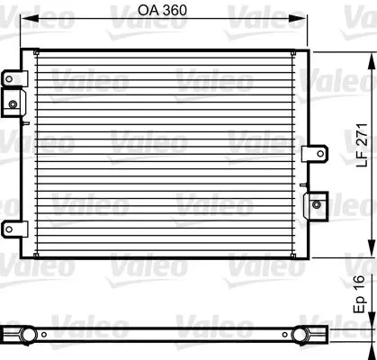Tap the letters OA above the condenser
[150, 11]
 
